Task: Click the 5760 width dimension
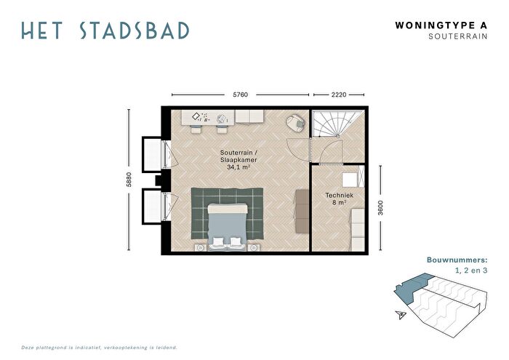pos(240,95)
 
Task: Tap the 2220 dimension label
pos(339,95)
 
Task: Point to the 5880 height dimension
pos(129,179)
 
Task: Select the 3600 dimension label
pos(380,208)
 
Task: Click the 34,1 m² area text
pos(239,167)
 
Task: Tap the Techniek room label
pos(340,195)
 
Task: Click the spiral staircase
pos(336,124)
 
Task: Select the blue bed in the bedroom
pos(228,227)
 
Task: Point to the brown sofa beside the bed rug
pos(302,211)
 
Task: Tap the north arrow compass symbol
pos(401,314)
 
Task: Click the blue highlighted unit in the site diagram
pos(412,287)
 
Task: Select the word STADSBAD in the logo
pos(134,31)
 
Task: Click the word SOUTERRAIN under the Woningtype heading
pos(457,36)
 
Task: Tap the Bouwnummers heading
pos(457,260)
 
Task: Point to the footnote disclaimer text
pos(100,348)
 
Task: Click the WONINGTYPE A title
pos(441,25)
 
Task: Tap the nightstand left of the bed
pos(201,248)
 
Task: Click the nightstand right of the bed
pos(254,248)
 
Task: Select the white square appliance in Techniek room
pos(350,180)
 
